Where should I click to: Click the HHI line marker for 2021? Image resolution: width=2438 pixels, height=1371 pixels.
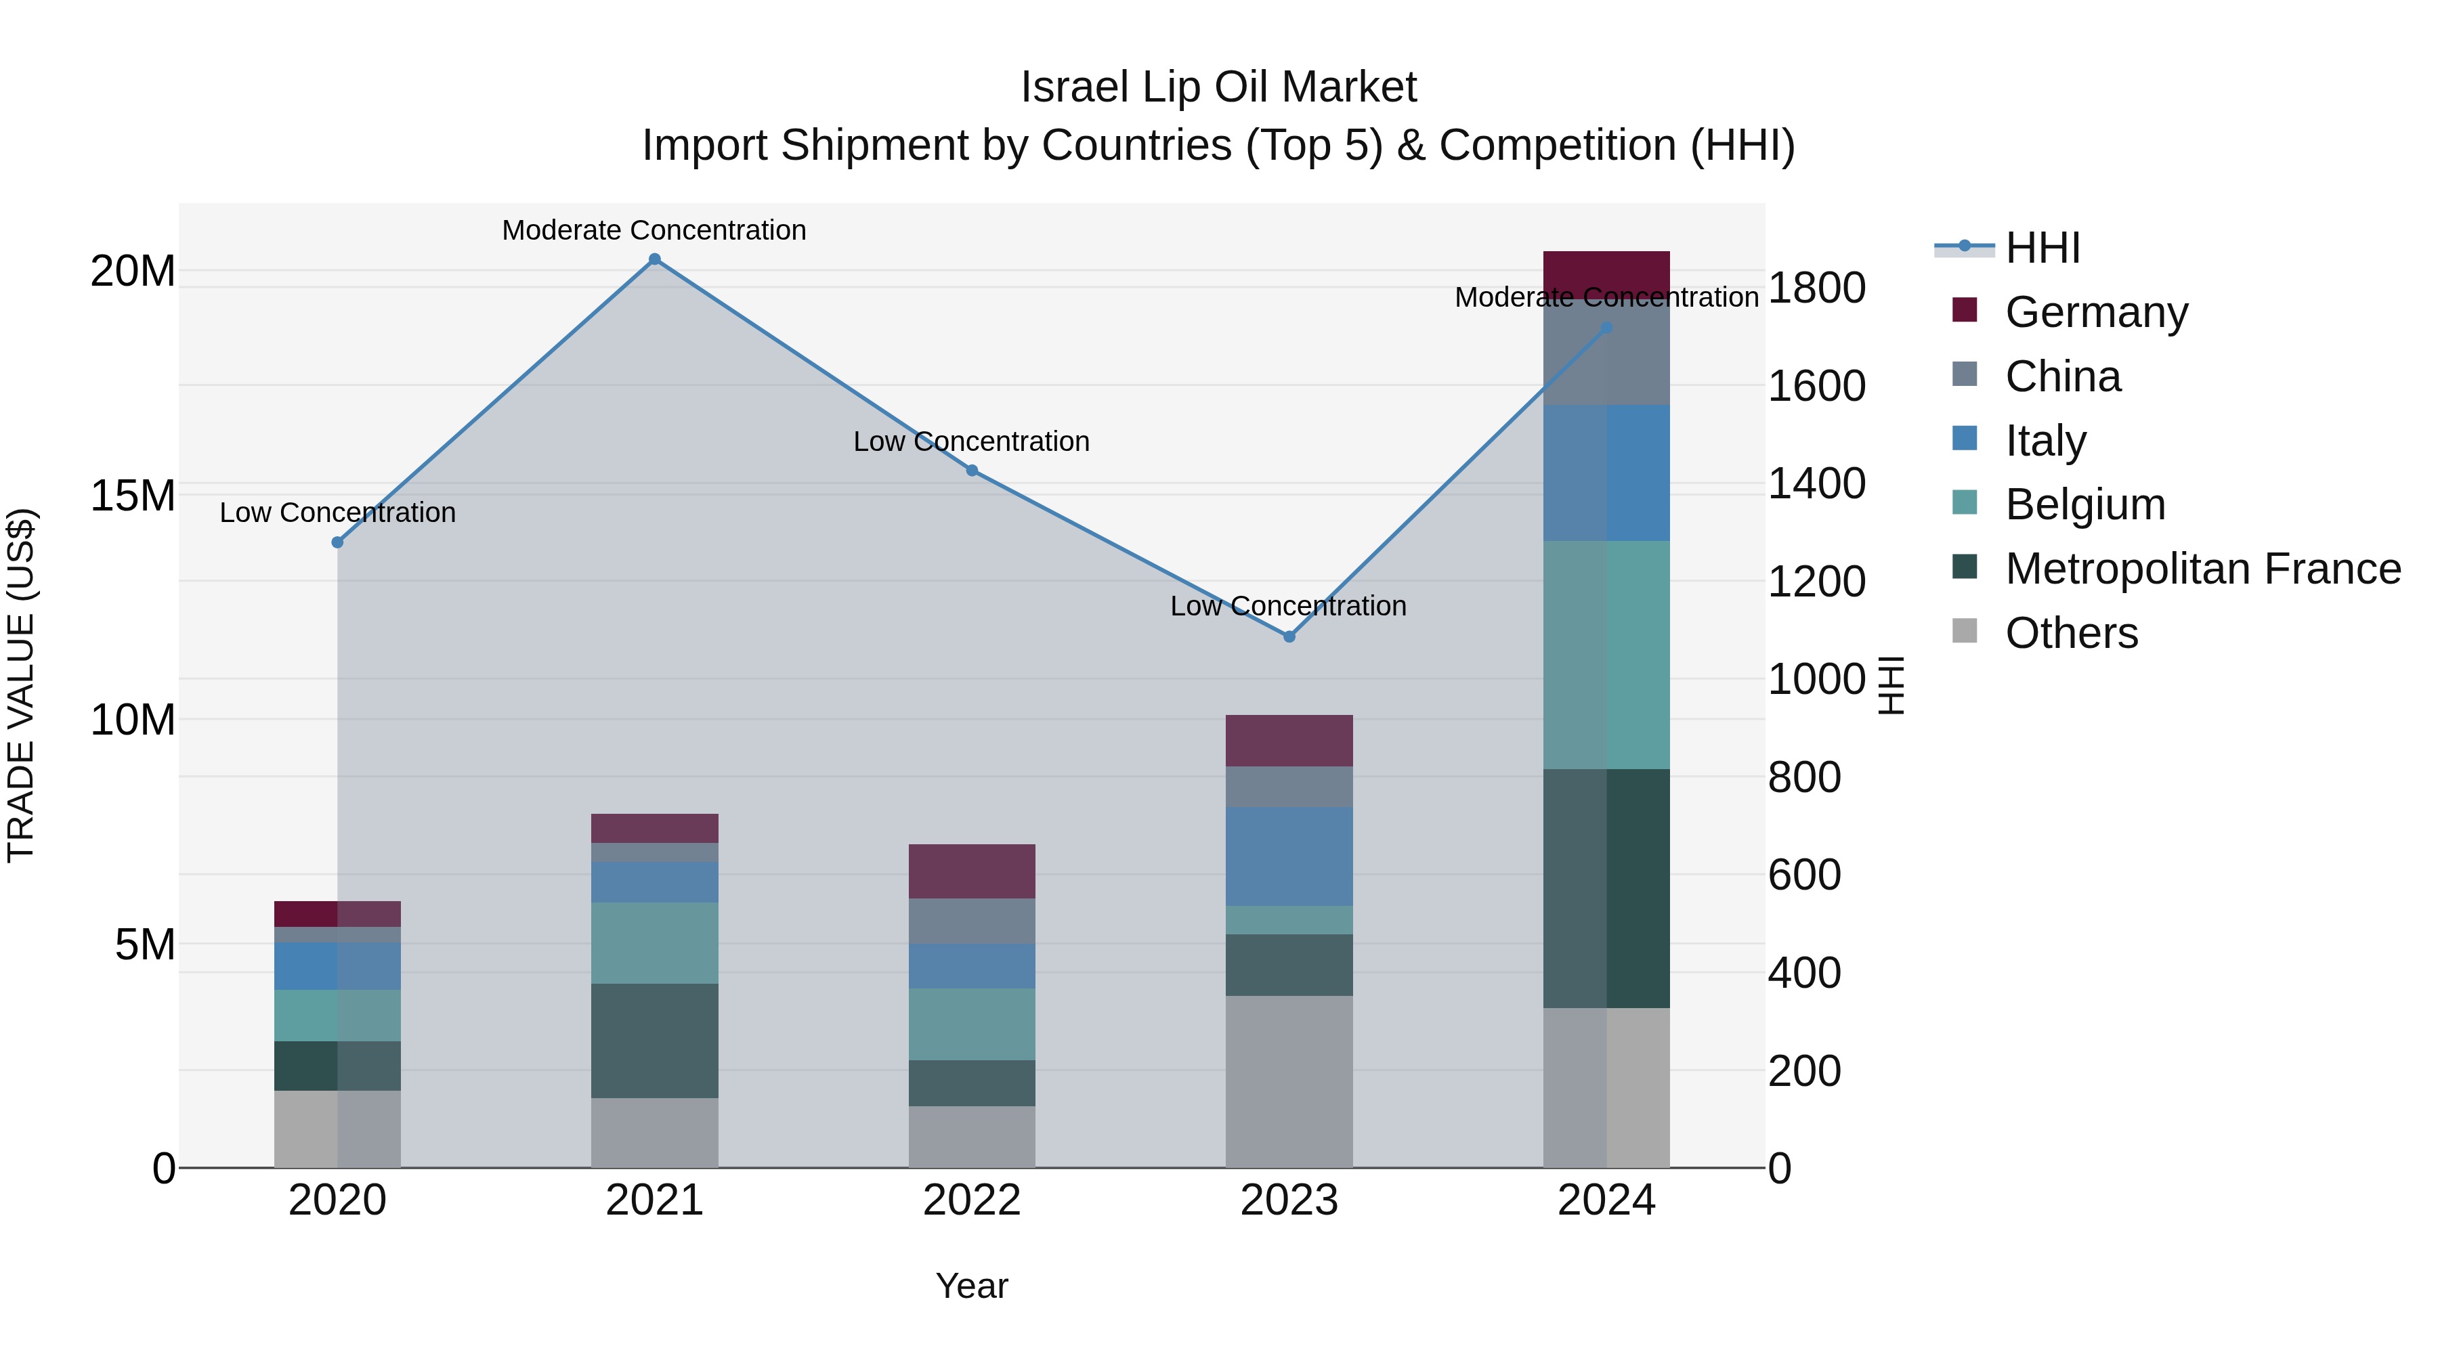click(654, 259)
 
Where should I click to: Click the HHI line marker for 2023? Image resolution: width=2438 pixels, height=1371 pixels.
click(1288, 637)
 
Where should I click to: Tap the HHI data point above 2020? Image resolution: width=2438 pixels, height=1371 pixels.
click(337, 542)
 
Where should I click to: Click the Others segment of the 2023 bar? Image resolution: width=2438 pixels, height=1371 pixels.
click(1288, 1081)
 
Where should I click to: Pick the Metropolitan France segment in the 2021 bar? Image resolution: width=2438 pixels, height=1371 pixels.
click(654, 1040)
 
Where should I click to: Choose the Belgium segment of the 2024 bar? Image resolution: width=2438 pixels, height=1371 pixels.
click(1606, 655)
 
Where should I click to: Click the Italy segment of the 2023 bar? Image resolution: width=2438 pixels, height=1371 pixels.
click(1288, 856)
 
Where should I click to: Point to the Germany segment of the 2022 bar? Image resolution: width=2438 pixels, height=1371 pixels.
click(971, 871)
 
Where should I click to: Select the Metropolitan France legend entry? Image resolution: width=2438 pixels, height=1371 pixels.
click(2202, 569)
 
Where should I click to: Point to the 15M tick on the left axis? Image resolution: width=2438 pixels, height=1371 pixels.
click(133, 496)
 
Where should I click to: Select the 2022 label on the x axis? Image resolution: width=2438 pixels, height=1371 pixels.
click(971, 1200)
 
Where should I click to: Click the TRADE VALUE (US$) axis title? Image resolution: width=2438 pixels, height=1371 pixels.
click(21, 685)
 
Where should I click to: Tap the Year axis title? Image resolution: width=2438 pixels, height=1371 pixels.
click(971, 1286)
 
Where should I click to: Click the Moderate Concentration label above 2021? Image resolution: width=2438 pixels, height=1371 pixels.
click(654, 230)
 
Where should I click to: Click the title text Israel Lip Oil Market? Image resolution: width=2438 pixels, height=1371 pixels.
click(1218, 87)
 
